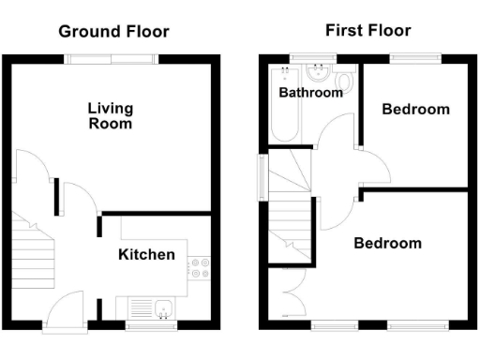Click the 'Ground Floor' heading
113,31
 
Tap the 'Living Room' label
110,115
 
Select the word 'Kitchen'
146,254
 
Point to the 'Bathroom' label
310,93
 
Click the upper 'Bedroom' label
415,110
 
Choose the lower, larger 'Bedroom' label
387,243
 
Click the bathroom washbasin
314,72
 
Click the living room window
111,58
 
